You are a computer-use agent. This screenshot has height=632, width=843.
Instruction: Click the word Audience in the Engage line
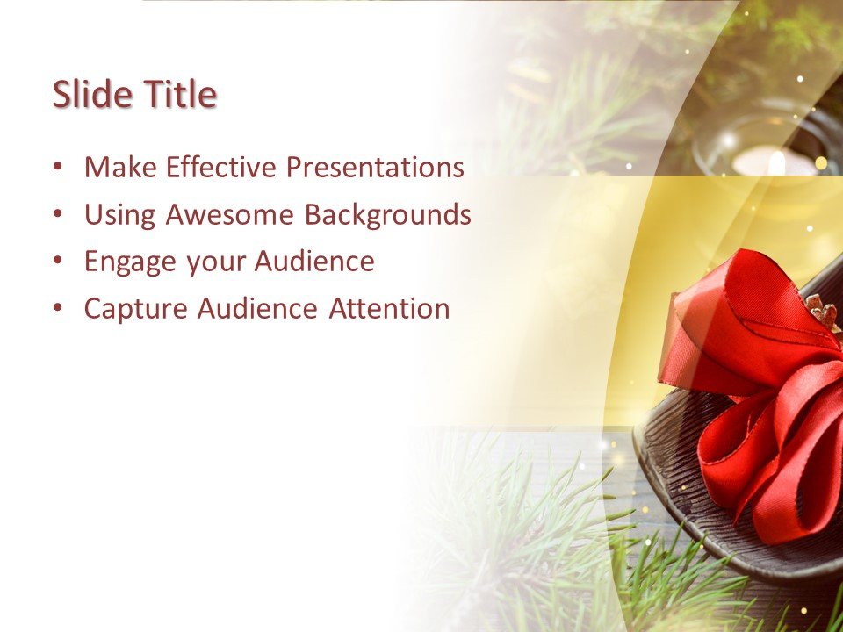314,262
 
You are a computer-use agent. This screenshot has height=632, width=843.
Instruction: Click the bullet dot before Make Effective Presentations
58,167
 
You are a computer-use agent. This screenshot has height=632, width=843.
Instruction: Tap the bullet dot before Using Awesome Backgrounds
58,214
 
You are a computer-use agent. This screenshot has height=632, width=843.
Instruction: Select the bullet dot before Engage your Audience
58,262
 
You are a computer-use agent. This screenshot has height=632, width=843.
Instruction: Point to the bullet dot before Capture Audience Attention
58,309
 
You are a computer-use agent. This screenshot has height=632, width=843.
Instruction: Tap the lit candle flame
776,162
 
